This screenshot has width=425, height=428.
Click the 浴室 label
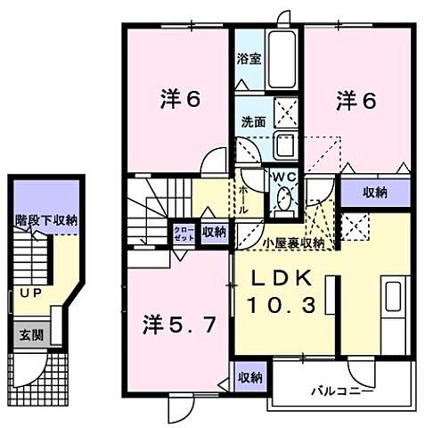click(x=249, y=60)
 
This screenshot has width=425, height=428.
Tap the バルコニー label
click(x=341, y=391)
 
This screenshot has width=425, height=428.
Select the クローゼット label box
click(x=183, y=234)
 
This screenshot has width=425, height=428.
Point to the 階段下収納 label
click(x=45, y=218)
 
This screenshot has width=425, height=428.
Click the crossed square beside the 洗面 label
click(x=287, y=114)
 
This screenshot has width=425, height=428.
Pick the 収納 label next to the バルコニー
click(x=250, y=377)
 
